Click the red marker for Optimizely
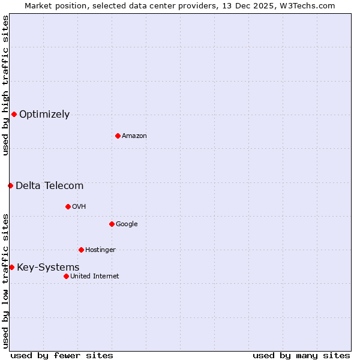pyautogui.click(x=14, y=114)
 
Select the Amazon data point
pyautogui.click(x=118, y=136)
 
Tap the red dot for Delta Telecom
pyautogui.click(x=10, y=185)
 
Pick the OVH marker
pyautogui.click(x=68, y=206)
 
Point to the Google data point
pyautogui.click(x=112, y=224)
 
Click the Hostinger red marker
pyautogui.click(x=81, y=250)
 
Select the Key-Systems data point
pyautogui.click(x=11, y=267)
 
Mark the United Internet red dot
pyautogui.click(x=66, y=276)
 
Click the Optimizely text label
pyautogui.click(x=44, y=115)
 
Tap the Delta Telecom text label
pyautogui.click(x=49, y=186)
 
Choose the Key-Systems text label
pyautogui.click(x=48, y=268)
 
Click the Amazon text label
pyautogui.click(x=134, y=136)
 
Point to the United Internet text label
pyautogui.click(x=95, y=277)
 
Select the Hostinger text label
pyautogui.click(x=100, y=250)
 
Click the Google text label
pyautogui.click(x=127, y=224)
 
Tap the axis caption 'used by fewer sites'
pyautogui.click(x=62, y=355)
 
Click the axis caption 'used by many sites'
pyautogui.click(x=301, y=355)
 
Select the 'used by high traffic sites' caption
pyautogui.click(x=5, y=85)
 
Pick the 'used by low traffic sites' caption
pyautogui.click(x=5, y=281)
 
